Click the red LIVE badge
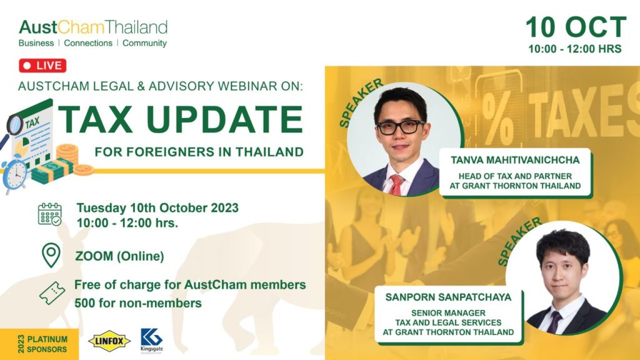point(42,65)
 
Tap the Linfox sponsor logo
point(109,341)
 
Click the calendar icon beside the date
point(50,214)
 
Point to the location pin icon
point(51,255)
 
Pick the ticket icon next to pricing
point(52,293)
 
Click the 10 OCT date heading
point(576,27)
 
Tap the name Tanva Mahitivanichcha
point(515,160)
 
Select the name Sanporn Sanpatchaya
point(448,297)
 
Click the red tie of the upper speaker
point(396,185)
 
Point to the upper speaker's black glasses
point(401,127)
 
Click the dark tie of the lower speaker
point(555,322)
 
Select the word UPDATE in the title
point(224,119)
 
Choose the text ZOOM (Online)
point(119,256)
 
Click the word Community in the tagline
point(144,43)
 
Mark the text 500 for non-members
point(138,303)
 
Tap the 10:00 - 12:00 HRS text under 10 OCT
point(575,49)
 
